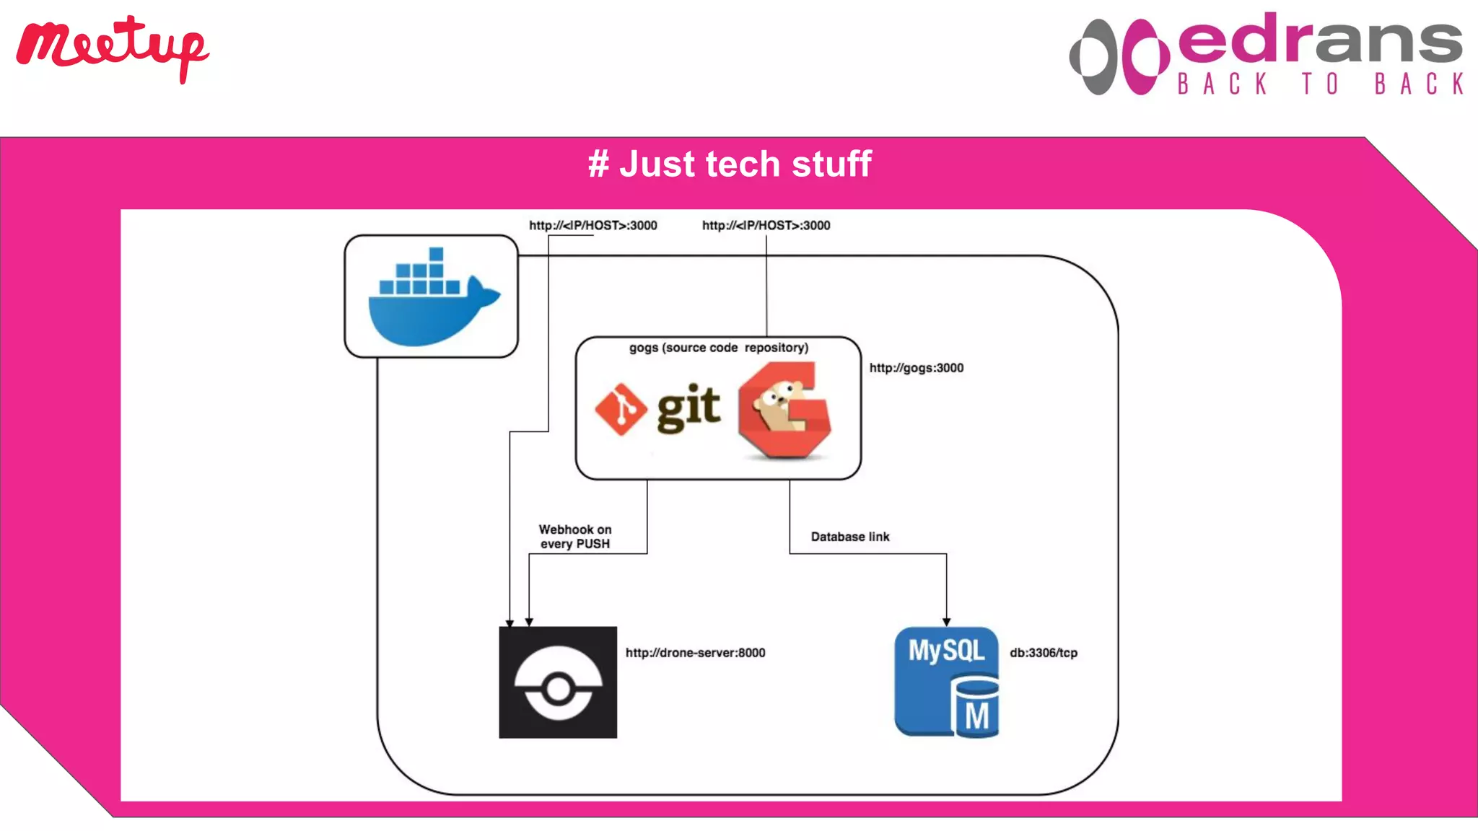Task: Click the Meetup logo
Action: point(112,48)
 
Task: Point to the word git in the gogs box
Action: point(688,408)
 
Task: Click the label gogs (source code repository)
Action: point(718,348)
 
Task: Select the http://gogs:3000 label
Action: point(916,368)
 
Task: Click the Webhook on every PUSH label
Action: point(575,537)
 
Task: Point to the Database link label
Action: point(849,537)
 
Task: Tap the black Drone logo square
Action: point(558,682)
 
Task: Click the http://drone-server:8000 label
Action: point(695,653)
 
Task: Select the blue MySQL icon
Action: point(946,681)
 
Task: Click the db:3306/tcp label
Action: point(1043,653)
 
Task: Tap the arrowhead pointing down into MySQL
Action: point(946,622)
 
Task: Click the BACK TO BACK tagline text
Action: point(1320,84)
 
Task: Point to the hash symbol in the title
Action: point(598,164)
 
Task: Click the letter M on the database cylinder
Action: point(976,716)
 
